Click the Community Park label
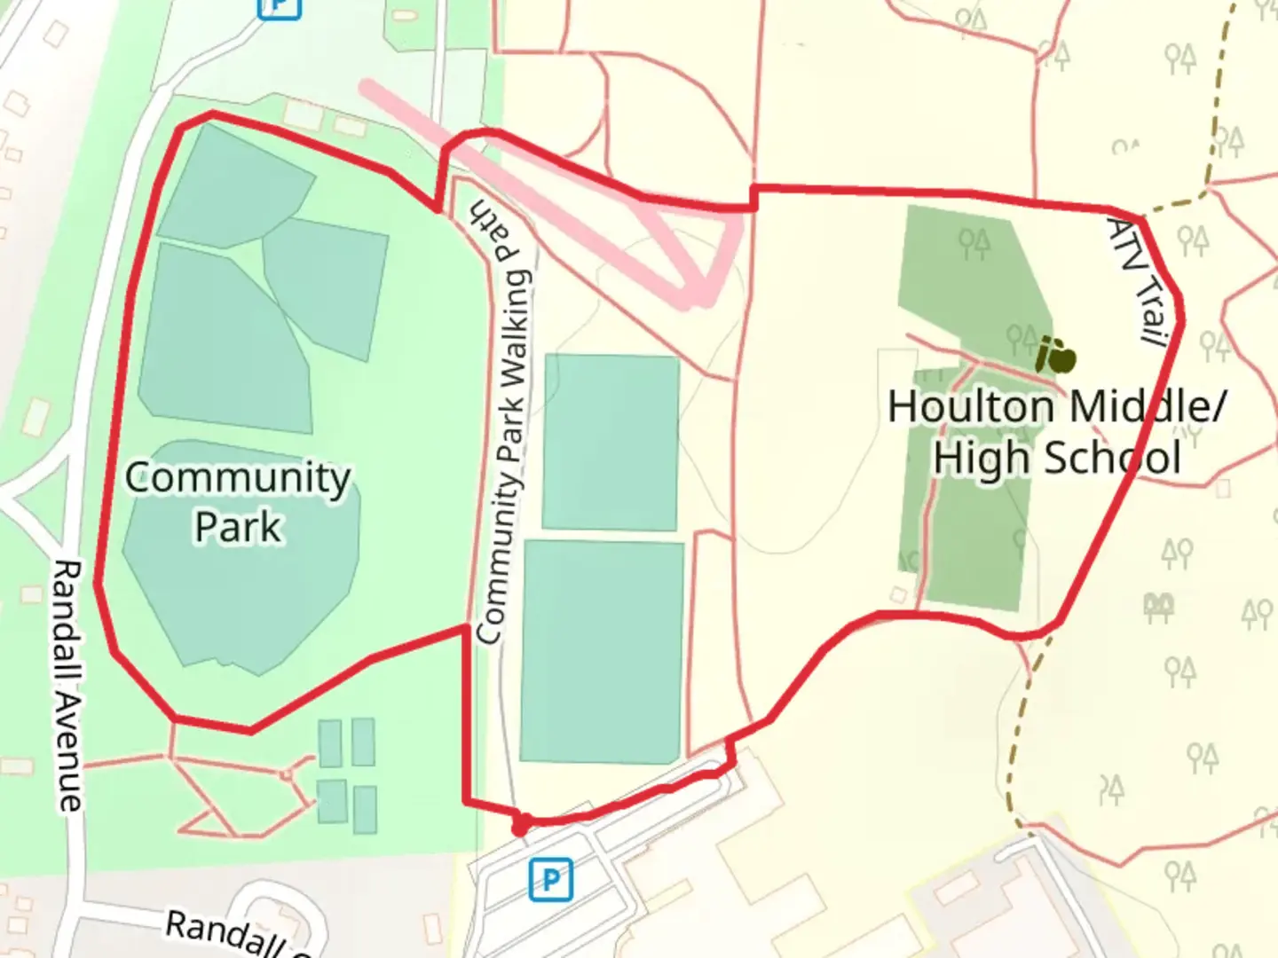point(238,501)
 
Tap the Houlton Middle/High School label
point(1056,432)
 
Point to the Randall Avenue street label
point(68,685)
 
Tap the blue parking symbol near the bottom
point(550,880)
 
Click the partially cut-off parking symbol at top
point(279,7)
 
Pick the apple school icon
point(1056,357)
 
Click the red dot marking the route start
point(521,827)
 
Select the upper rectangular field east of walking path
point(611,442)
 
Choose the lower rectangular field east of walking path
point(602,651)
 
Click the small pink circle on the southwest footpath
point(286,774)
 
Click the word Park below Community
point(238,527)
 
